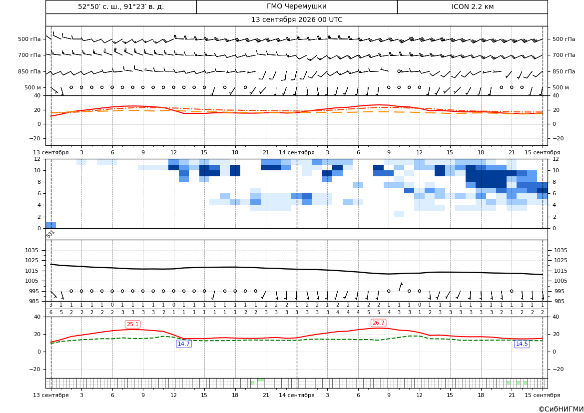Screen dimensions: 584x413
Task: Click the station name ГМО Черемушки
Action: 296,6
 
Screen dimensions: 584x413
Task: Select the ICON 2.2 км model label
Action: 472,6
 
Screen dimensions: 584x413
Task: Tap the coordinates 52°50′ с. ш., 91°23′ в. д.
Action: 121,6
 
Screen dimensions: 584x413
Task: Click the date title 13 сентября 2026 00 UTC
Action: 296,20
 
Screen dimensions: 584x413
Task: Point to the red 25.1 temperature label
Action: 132,324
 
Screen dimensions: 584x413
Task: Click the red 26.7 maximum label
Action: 378,323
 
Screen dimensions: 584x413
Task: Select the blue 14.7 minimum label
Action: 184,344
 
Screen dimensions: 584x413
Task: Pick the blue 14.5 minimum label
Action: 522,344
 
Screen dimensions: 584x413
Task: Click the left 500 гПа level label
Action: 29,39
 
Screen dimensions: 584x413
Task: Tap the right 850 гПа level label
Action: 564,71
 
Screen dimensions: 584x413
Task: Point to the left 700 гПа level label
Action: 29,55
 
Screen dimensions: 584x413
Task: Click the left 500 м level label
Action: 32,87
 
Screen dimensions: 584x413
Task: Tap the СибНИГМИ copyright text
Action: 561,409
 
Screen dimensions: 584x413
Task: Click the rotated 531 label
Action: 50,234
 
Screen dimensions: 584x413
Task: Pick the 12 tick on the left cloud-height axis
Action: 37,159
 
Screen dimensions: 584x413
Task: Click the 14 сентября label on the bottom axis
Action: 296,395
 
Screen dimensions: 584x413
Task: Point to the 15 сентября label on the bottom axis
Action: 543,395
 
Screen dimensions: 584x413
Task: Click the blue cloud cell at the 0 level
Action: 50,225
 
